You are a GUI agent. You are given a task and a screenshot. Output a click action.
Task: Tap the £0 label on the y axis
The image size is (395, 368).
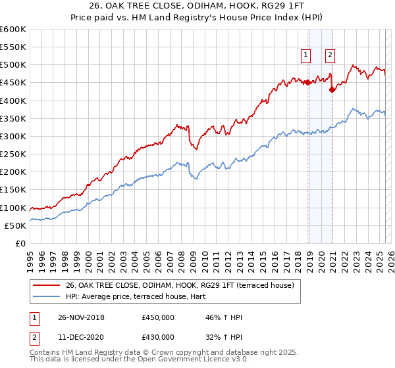point(21,243)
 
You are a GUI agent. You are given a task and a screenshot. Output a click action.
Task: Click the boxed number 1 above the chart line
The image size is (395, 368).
point(307,56)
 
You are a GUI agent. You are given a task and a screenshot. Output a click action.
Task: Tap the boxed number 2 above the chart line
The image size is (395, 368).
point(330,56)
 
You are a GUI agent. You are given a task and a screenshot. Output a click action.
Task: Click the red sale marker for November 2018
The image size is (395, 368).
point(308,82)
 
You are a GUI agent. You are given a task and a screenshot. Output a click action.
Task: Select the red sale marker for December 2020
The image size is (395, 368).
point(332,90)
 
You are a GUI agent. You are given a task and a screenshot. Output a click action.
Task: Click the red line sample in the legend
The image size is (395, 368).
point(47,285)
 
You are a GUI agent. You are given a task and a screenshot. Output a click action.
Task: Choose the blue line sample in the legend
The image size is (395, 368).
point(47,296)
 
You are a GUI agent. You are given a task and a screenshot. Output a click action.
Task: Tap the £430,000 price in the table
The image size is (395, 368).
point(158,337)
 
